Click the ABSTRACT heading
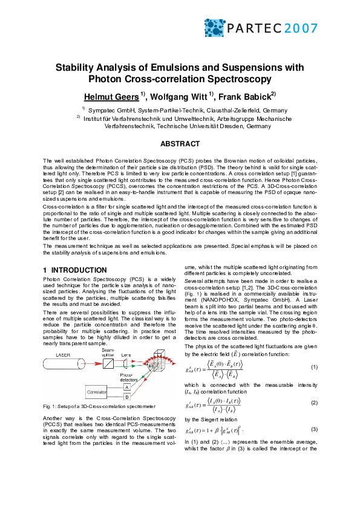tap(180, 144)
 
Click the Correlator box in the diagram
tap(84, 392)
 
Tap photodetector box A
tap(126, 387)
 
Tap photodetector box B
tap(126, 398)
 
